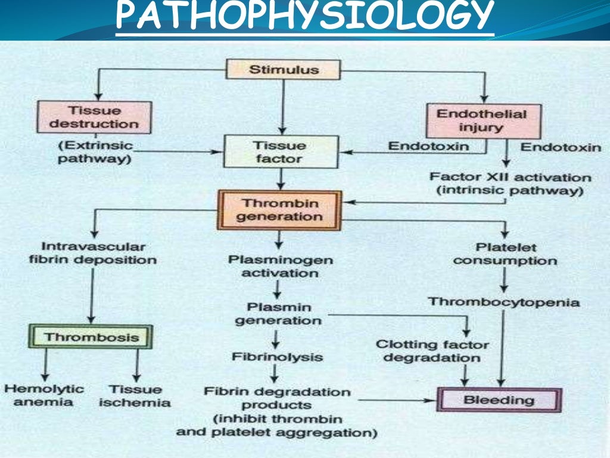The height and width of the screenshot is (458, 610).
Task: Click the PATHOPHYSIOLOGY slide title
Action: click(x=304, y=18)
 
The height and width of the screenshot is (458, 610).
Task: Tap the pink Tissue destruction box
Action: click(x=94, y=117)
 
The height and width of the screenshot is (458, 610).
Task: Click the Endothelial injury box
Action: click(x=483, y=120)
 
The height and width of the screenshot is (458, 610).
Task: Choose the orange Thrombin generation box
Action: click(x=279, y=210)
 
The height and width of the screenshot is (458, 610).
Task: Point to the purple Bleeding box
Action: click(x=499, y=400)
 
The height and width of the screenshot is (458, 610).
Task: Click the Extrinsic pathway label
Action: click(x=95, y=153)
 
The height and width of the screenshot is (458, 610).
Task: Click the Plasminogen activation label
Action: click(x=281, y=267)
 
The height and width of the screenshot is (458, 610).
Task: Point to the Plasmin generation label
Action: click(x=278, y=314)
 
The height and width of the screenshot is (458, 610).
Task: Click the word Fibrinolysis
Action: click(x=278, y=357)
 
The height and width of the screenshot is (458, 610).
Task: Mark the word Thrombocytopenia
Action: click(x=503, y=302)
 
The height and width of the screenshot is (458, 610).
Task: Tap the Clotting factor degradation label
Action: click(x=432, y=351)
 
